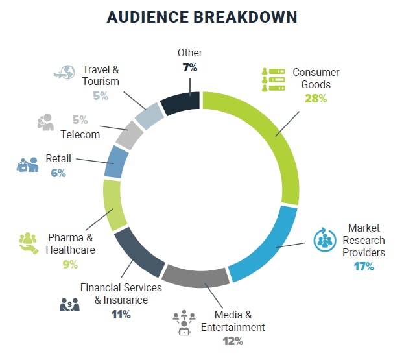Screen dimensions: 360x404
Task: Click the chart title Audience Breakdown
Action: click(202, 17)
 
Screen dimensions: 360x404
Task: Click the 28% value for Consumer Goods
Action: click(316, 99)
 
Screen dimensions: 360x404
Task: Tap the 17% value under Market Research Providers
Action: click(363, 266)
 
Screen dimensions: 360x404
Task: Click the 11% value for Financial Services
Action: click(121, 315)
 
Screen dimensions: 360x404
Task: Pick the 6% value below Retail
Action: click(59, 173)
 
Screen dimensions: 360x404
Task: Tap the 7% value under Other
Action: click(189, 67)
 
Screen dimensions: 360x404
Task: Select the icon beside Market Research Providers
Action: click(323, 240)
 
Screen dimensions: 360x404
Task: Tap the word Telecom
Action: click(80, 134)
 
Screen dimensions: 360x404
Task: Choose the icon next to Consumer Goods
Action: click(273, 79)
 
